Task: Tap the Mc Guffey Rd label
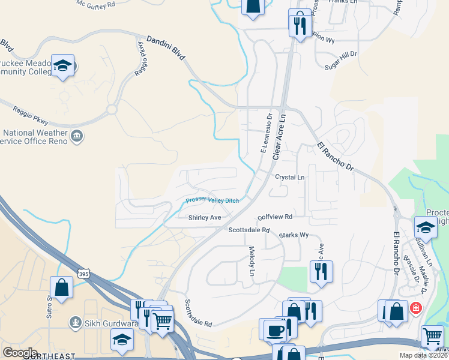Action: click(x=95, y=4)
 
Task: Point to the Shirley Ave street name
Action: click(x=205, y=217)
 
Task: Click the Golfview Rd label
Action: click(x=274, y=217)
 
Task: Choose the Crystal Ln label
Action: click(x=290, y=178)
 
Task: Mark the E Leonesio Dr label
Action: click(x=266, y=133)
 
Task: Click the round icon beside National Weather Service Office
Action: click(x=77, y=136)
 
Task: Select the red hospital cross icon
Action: click(x=414, y=308)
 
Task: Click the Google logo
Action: click(x=20, y=353)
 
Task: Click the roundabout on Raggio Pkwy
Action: click(x=111, y=110)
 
